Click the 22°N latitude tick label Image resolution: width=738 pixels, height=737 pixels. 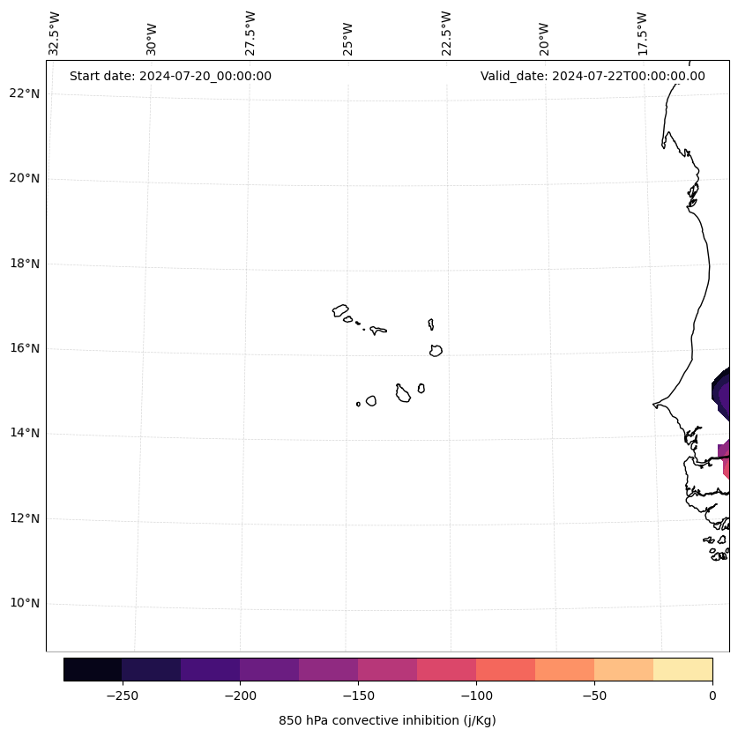coord(25,93)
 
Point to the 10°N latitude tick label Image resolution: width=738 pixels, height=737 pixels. coord(25,603)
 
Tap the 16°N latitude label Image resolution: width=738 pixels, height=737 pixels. coord(25,348)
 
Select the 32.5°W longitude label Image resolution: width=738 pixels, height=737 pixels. coord(54,33)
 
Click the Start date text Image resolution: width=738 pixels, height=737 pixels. coord(170,76)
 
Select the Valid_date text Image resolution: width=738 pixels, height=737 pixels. coord(593,76)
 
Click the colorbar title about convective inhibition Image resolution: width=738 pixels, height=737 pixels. coord(387,720)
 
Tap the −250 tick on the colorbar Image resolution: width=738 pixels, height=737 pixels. coord(122,696)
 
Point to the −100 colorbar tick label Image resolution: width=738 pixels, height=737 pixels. coord(476,696)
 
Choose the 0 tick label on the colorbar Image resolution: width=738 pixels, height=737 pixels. coord(712,696)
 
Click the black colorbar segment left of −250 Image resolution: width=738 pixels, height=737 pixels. coord(93,669)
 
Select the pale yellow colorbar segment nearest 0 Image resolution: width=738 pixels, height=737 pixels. coord(682,669)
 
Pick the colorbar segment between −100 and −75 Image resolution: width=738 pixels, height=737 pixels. coord(505,669)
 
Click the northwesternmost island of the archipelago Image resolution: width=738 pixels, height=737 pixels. coord(340,310)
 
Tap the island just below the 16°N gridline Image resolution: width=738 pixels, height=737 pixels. coord(436,350)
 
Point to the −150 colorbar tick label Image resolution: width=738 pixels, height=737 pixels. coord(358,696)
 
